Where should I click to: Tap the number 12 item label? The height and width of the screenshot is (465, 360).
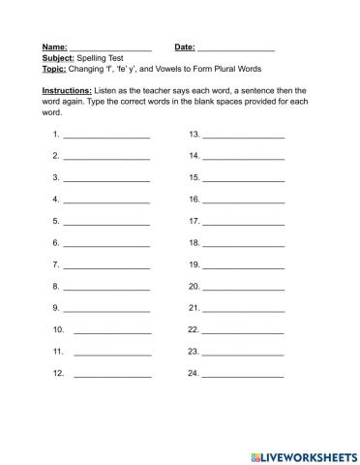(59, 372)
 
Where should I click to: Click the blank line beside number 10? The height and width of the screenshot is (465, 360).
(112, 331)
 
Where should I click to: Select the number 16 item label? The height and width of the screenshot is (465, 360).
(194, 199)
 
